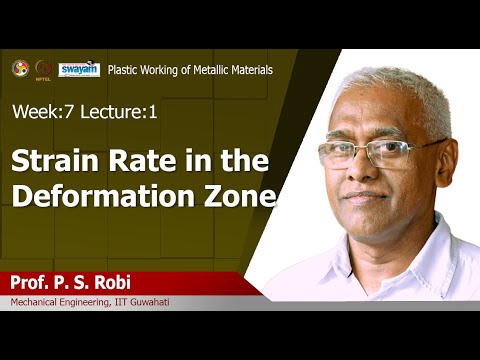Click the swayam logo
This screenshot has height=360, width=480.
pyautogui.click(x=79, y=70)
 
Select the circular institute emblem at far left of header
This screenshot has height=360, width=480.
pyautogui.click(x=20, y=68)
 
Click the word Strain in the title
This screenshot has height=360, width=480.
pyautogui.click(x=50, y=159)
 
